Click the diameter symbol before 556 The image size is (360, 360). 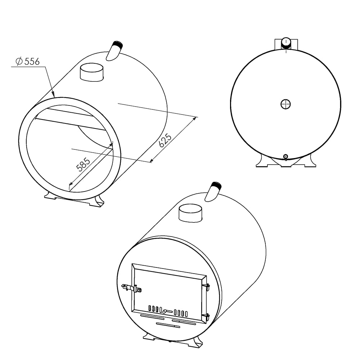(x=19, y=62)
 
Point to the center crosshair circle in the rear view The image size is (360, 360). (x=285, y=104)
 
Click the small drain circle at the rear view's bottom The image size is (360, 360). (x=285, y=156)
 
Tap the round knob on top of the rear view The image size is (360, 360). (x=286, y=42)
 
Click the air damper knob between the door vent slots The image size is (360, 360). (x=165, y=311)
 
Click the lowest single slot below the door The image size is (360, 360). (x=167, y=325)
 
